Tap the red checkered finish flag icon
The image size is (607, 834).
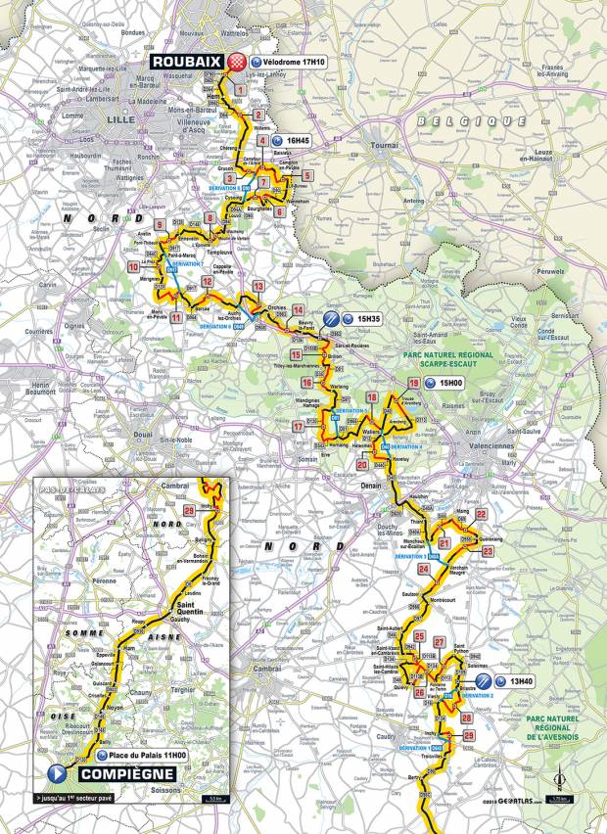coord(235,63)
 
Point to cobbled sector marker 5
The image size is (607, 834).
coord(308,174)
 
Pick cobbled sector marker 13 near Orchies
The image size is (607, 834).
coord(258,286)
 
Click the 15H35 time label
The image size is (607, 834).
coord(368,319)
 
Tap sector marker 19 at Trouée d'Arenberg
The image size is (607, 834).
coord(399,383)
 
